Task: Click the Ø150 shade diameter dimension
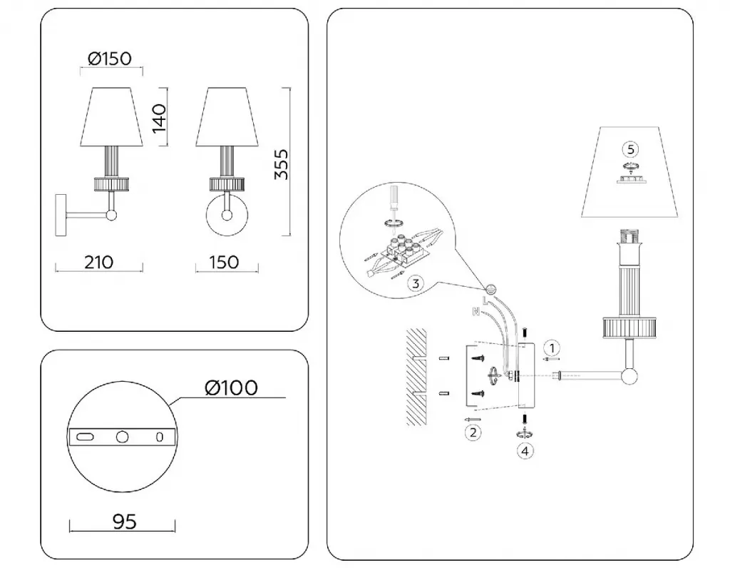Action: coord(110,59)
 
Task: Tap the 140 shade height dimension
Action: coord(159,118)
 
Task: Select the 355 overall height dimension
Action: coord(281,165)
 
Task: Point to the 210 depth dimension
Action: coord(98,263)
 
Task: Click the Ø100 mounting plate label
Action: coord(231,387)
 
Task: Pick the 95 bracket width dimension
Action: coord(125,522)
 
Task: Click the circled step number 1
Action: coord(552,348)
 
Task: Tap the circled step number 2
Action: coord(473,433)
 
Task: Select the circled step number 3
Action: coord(416,283)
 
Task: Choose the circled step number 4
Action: coord(525,451)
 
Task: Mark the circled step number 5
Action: coord(631,150)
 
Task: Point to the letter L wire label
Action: coord(485,300)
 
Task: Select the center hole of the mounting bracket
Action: coord(122,437)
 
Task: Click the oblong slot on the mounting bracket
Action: coord(85,437)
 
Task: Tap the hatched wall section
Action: coord(416,377)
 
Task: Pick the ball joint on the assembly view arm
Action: coord(629,375)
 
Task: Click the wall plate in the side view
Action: coord(61,215)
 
